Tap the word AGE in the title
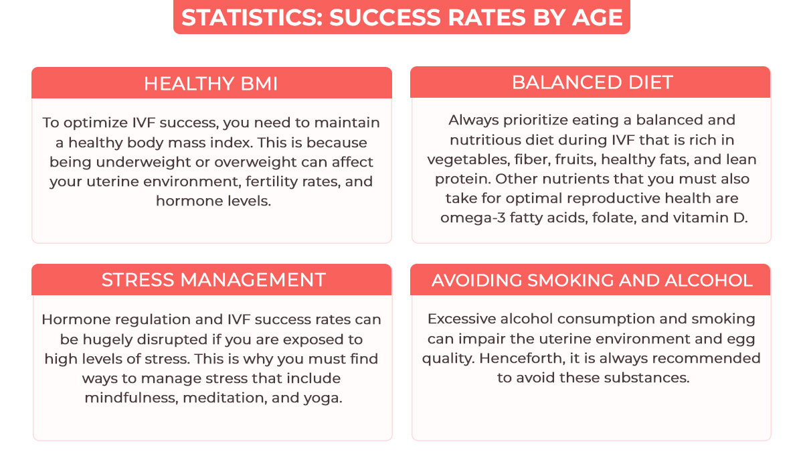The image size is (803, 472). point(598,17)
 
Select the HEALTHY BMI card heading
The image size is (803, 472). point(211,84)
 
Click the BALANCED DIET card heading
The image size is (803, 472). point(592,82)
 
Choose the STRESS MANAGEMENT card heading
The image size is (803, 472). point(213,280)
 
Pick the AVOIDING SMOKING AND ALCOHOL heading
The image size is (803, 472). point(592,281)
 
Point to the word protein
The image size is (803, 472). point(463,179)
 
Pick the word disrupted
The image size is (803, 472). point(173,339)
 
